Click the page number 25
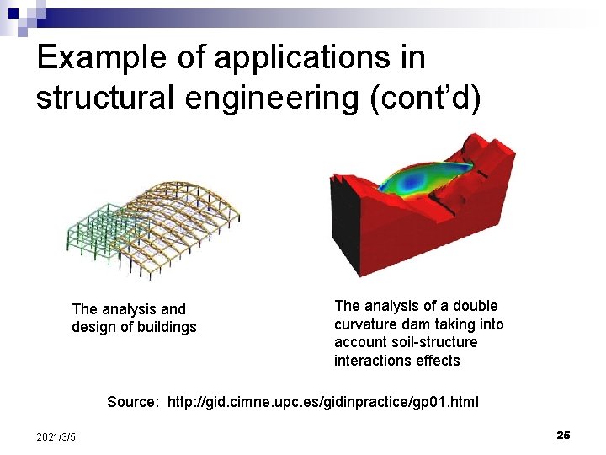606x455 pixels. pyautogui.click(x=563, y=435)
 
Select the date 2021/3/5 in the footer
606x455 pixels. pyautogui.click(x=56, y=436)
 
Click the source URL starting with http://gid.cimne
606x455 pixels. pyautogui.click(x=323, y=402)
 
